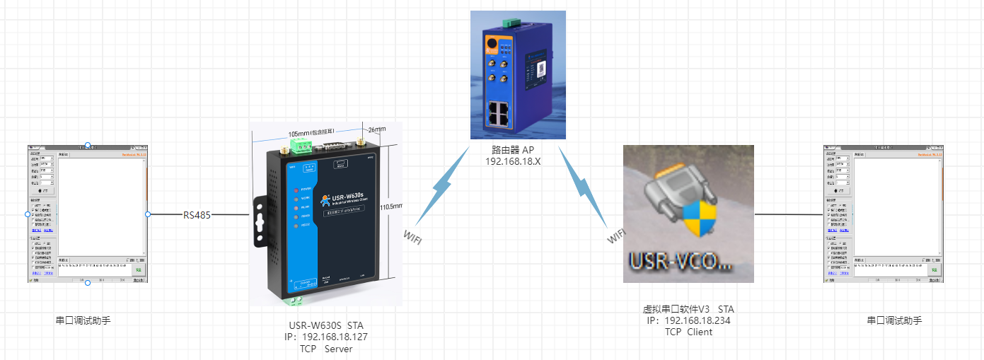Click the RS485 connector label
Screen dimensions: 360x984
(197, 215)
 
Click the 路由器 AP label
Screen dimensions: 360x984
(518, 150)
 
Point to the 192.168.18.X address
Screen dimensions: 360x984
(518, 161)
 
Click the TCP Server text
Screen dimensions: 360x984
(325, 349)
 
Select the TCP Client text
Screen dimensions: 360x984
(688, 332)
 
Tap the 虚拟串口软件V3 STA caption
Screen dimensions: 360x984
(688, 309)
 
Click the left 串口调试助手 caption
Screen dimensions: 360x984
(83, 320)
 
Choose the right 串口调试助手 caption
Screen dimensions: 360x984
(894, 320)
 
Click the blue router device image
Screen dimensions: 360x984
(518, 74)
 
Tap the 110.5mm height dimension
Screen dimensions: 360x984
(390, 207)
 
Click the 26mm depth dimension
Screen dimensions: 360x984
(376, 129)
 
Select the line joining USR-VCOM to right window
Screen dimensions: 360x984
(789, 214)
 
